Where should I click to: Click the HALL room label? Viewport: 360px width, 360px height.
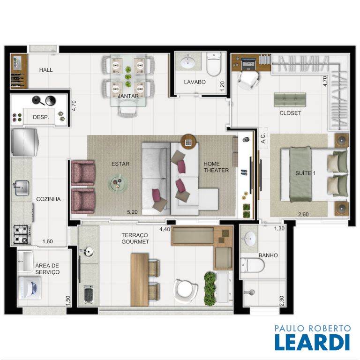click(x=46, y=70)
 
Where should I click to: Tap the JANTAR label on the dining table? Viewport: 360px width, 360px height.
click(x=128, y=96)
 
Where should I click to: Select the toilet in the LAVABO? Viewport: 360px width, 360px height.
click(x=214, y=64)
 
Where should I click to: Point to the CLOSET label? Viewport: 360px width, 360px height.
click(x=290, y=113)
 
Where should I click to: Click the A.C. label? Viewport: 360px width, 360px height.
click(x=263, y=138)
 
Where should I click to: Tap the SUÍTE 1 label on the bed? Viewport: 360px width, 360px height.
click(x=305, y=173)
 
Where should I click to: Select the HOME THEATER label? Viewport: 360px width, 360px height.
click(x=216, y=167)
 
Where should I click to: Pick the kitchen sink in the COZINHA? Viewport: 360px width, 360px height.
click(x=22, y=188)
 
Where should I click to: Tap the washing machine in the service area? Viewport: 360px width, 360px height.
click(x=30, y=288)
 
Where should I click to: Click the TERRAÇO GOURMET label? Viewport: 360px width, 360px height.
click(x=135, y=238)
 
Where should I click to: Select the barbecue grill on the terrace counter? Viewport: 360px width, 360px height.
click(x=89, y=294)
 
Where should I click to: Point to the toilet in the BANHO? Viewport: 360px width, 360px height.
click(x=252, y=265)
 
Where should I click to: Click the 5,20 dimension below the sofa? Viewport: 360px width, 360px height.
click(x=133, y=212)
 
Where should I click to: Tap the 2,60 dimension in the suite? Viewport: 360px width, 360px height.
click(x=303, y=214)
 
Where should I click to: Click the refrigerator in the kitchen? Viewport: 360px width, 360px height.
click(x=25, y=142)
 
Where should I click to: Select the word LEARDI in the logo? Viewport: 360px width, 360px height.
click(x=312, y=342)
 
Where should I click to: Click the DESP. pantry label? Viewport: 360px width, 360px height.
click(x=41, y=117)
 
